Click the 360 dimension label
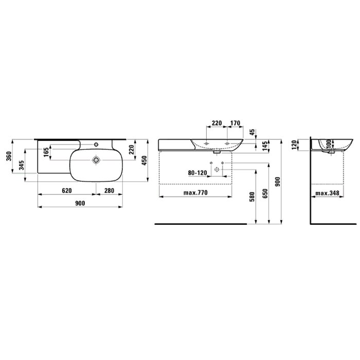(x=9, y=156)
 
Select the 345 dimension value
(x=22, y=165)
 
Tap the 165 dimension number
(x=46, y=152)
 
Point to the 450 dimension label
(x=144, y=160)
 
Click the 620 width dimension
(x=67, y=191)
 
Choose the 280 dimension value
(x=109, y=191)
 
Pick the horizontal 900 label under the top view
(x=80, y=203)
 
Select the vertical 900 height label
(x=278, y=182)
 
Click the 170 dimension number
(x=235, y=123)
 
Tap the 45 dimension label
(x=252, y=132)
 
